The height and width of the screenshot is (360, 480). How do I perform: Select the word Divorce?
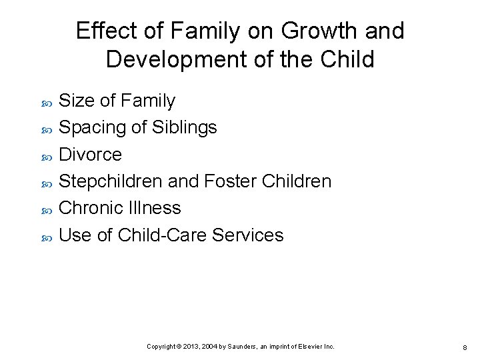point(91,155)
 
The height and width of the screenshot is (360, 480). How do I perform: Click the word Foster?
point(229,181)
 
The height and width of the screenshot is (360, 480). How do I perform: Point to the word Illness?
point(157,208)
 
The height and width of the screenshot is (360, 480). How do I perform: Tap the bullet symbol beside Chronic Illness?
point(47,210)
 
